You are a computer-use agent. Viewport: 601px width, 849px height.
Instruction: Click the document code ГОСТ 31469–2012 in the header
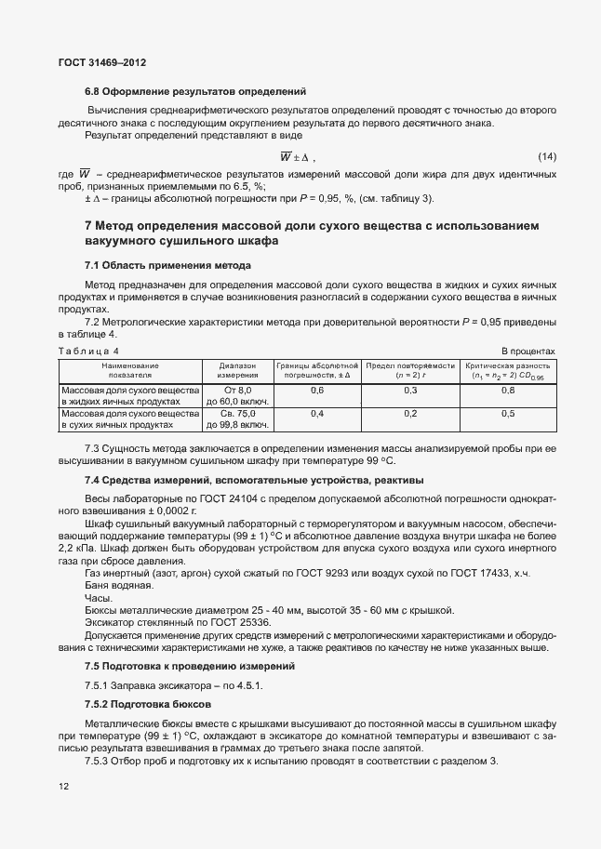(x=101, y=62)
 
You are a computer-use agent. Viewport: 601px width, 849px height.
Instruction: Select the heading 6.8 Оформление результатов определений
(x=195, y=91)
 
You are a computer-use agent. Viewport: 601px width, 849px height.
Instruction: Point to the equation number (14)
(x=546, y=156)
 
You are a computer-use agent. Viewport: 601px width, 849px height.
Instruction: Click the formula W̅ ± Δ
(x=298, y=156)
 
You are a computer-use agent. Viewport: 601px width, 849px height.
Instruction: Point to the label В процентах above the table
(x=528, y=351)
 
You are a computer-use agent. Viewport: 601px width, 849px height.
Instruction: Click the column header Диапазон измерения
(x=237, y=371)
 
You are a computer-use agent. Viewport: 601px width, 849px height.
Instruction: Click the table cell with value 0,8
(x=508, y=391)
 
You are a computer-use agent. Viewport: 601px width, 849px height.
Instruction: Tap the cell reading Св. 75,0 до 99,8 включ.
(x=237, y=418)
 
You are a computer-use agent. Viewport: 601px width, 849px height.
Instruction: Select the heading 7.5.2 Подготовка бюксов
(x=149, y=705)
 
